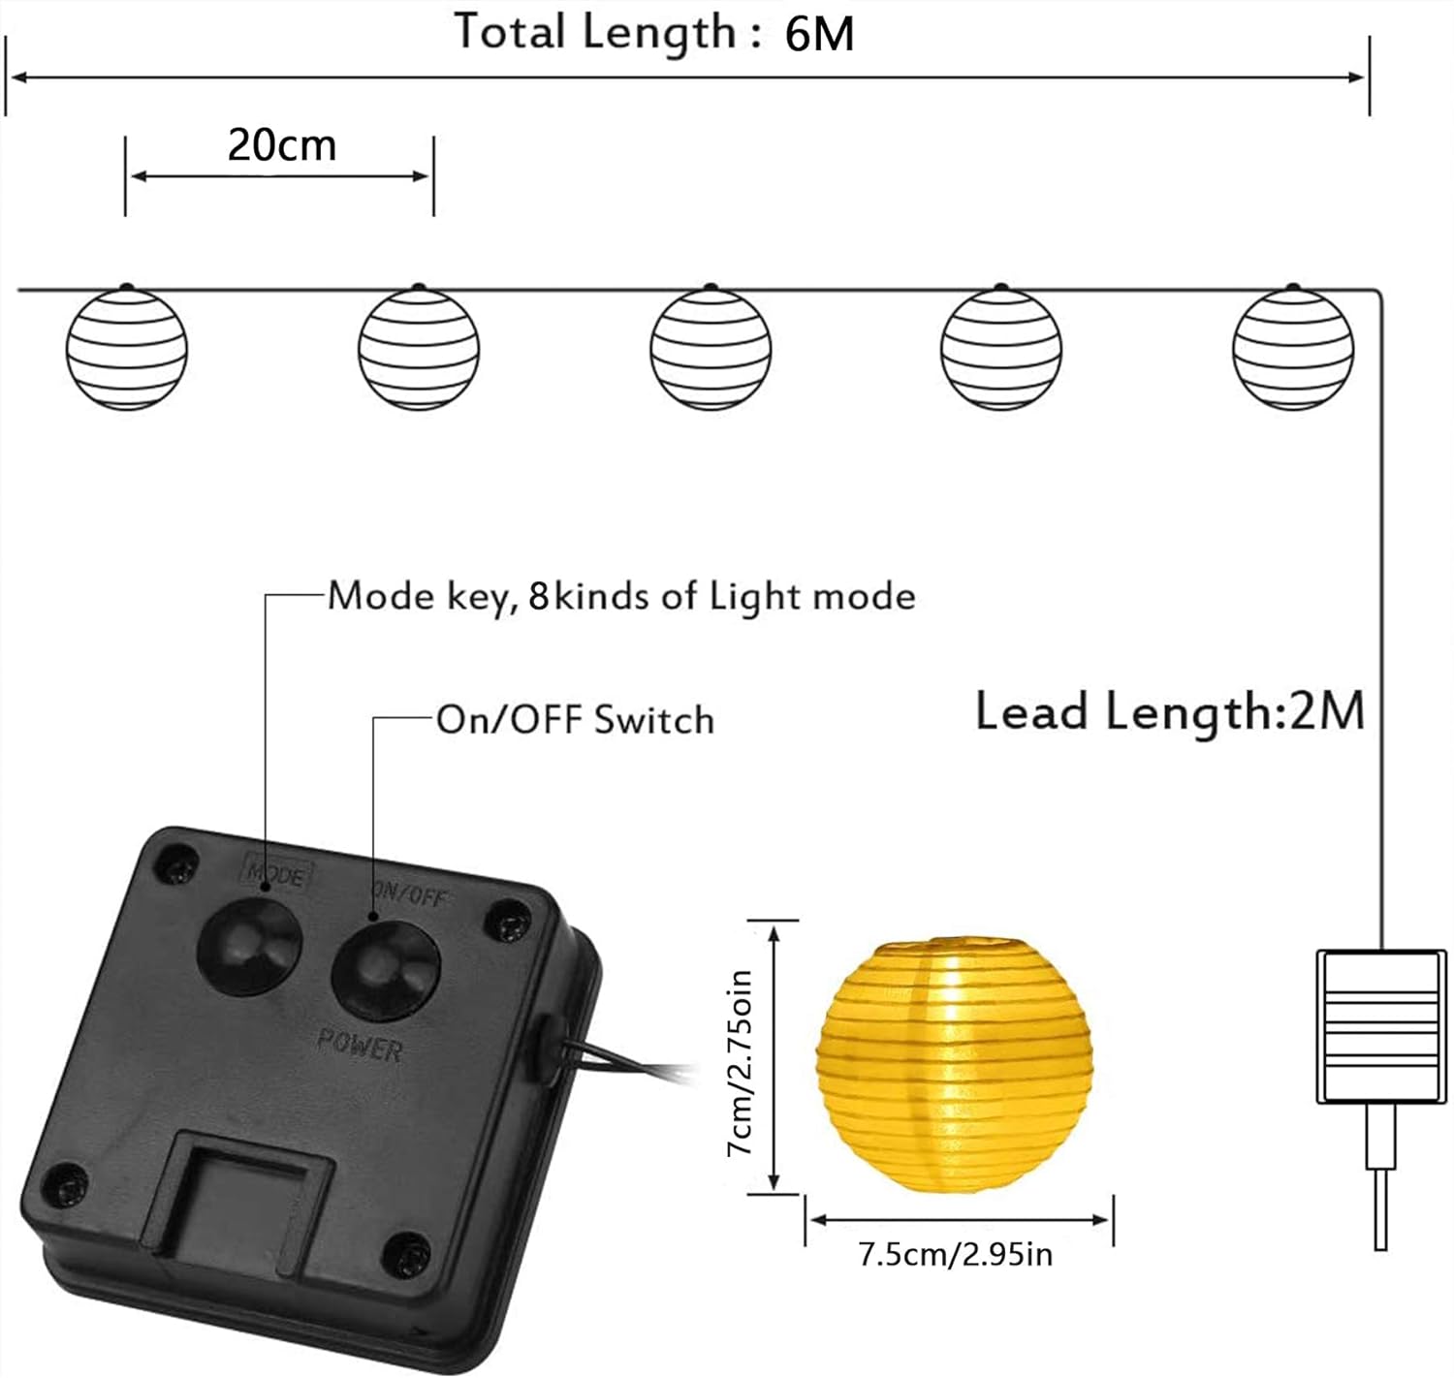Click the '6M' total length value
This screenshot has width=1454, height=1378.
pos(819,35)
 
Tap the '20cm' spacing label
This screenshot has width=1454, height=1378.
pos(282,145)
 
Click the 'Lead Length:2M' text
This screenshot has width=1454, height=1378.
pos(1169,711)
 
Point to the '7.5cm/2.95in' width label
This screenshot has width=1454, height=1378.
pos(955,1255)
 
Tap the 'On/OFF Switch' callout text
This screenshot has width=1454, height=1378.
pos(575,720)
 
